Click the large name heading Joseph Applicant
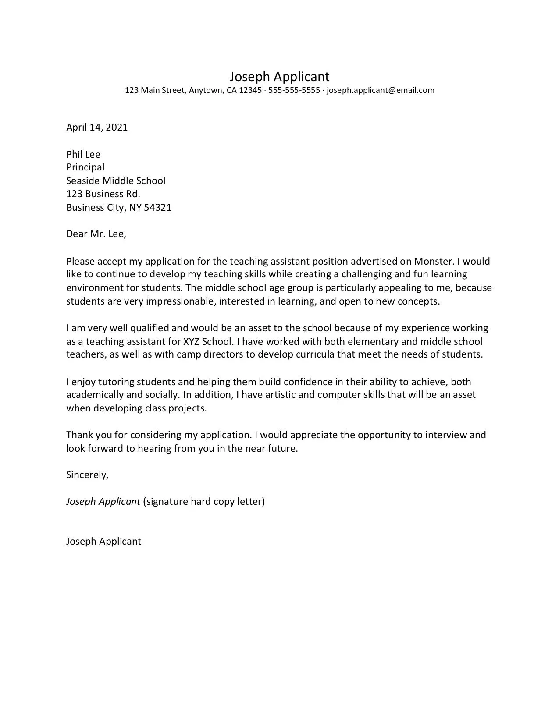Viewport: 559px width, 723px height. point(279,77)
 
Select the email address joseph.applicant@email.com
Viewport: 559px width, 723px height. point(381,90)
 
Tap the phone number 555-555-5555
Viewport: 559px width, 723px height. point(294,90)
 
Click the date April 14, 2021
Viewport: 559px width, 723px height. point(97,128)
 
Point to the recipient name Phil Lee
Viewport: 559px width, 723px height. point(83,154)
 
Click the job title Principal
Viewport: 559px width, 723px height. point(85,167)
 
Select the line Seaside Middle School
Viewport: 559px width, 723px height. point(116,181)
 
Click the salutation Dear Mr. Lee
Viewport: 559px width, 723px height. point(96,234)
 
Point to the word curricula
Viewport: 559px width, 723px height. point(314,354)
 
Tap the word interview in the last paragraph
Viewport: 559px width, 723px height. point(449,435)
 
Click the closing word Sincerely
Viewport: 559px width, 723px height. point(87,475)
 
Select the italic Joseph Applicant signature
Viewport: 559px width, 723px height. point(103,502)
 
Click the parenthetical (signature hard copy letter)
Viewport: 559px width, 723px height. point(204,502)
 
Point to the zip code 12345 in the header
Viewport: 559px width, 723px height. point(250,90)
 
